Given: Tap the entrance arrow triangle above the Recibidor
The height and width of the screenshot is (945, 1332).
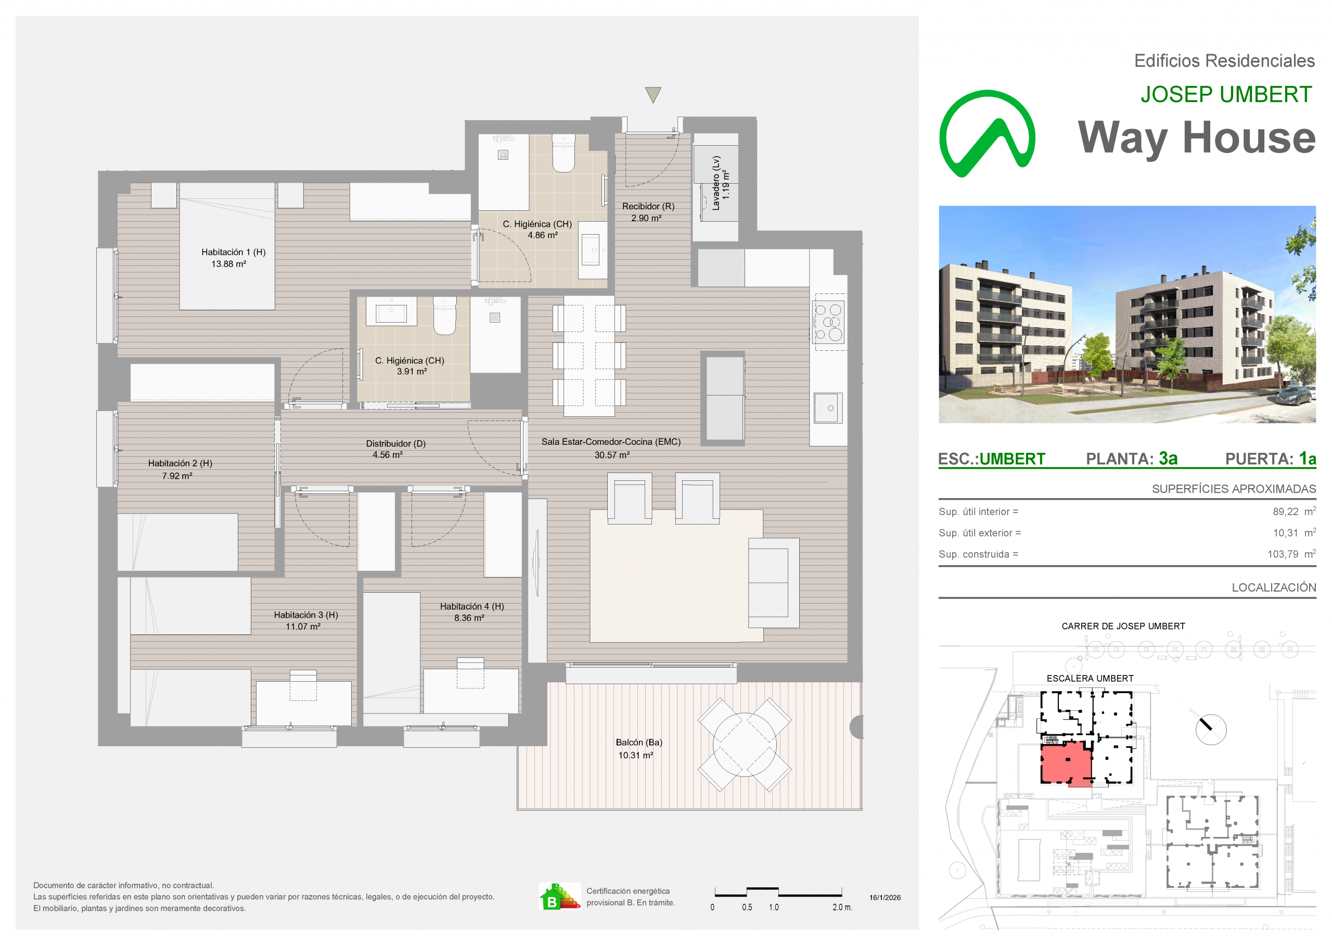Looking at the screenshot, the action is click(653, 94).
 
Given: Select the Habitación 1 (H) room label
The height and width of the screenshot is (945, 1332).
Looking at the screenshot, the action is click(233, 252).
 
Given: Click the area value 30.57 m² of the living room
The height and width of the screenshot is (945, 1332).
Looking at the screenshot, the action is click(612, 455).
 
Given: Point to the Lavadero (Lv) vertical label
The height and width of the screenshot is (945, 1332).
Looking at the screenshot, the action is click(716, 183).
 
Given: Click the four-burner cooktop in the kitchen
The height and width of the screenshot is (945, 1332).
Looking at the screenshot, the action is click(829, 322).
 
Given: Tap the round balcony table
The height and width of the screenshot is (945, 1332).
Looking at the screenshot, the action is click(745, 745).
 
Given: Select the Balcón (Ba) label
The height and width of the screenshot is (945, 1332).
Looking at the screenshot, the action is click(638, 743).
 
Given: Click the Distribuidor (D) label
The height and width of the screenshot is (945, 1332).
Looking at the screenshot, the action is click(395, 443).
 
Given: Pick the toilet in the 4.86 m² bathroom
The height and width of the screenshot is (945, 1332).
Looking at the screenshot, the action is click(563, 153).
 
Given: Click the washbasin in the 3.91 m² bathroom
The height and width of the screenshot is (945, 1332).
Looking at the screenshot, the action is click(391, 312).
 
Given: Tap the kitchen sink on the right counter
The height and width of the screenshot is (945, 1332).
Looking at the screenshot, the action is click(828, 407).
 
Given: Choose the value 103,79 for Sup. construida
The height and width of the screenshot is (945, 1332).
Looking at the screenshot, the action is click(1283, 554).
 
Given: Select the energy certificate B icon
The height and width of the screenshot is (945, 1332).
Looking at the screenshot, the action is click(559, 896).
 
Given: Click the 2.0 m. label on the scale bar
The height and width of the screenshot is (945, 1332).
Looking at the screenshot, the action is click(842, 907).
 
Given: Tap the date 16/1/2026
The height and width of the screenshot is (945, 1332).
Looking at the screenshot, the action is click(885, 897).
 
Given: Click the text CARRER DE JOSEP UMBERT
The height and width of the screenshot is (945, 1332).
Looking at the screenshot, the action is click(1123, 626).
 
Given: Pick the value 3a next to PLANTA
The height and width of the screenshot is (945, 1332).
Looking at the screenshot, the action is click(1168, 458).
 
